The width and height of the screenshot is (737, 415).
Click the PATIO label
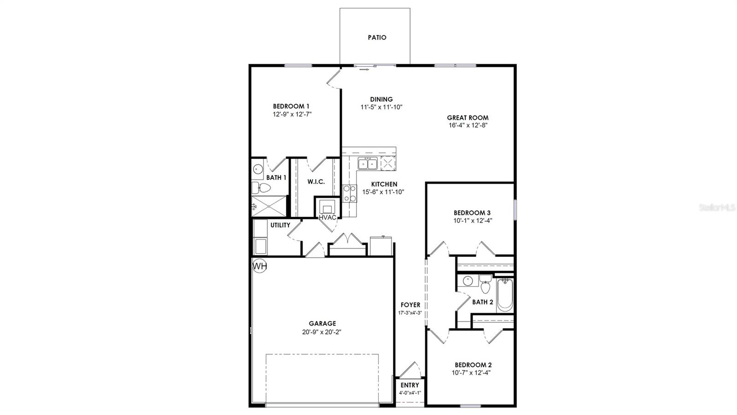click(x=377, y=37)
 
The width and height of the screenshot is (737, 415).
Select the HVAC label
click(x=327, y=218)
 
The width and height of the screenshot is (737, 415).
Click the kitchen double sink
click(x=368, y=164)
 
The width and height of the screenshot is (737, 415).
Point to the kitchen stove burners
click(x=350, y=193)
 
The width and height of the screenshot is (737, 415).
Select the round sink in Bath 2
click(x=468, y=281)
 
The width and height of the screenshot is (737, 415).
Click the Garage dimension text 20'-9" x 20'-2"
click(x=322, y=332)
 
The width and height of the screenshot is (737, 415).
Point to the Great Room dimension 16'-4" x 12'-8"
click(x=468, y=125)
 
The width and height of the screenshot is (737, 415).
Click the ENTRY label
click(x=410, y=385)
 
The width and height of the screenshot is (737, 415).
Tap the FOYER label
click(x=410, y=305)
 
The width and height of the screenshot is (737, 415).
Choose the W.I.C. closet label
click(x=316, y=182)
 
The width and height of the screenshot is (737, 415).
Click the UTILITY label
click(x=280, y=225)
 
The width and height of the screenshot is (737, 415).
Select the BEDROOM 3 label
click(x=472, y=213)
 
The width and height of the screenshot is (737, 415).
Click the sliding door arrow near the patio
click(x=364, y=70)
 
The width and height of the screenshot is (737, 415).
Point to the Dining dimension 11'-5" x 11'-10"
click(x=381, y=107)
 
